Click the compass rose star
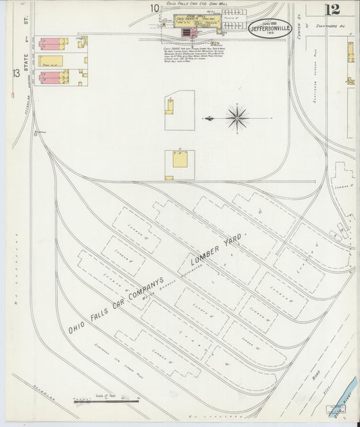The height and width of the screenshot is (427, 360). [x=237, y=118]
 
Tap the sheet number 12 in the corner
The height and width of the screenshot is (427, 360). [x=332, y=9]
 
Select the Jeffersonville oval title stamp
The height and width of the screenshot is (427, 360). [x=269, y=28]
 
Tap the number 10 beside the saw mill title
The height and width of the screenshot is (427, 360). [x=155, y=8]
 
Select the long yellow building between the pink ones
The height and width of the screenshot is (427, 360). [x=51, y=61]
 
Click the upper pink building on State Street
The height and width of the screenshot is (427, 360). [x=51, y=44]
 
